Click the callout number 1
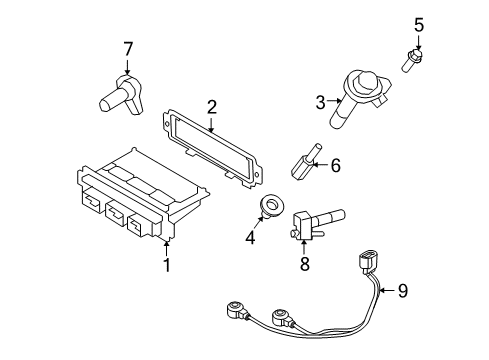pos(167,265)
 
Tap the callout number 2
pos(212,107)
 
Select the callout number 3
pos(320,102)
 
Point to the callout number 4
pos(250,238)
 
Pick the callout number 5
pos(419,25)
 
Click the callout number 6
pos(335,165)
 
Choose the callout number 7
pos(128,49)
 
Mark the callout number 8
pos(305,264)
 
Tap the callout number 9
pos(403,291)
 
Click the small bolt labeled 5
pos(412,60)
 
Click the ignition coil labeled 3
pos(356,97)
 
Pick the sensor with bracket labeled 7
pos(122,95)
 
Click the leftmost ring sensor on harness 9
pos(237,310)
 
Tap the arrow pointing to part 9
pos(387,291)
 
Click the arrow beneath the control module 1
pos(166,249)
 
